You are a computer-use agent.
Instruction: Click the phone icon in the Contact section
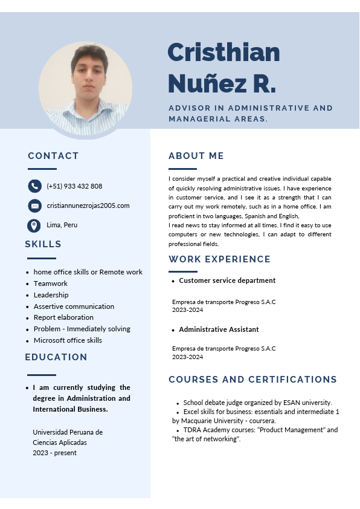(x=34, y=186)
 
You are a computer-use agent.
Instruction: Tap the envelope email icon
(x=34, y=206)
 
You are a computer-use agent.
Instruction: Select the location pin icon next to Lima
(x=34, y=225)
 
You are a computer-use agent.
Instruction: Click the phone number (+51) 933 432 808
(x=74, y=186)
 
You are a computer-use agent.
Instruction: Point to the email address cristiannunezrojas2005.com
(x=88, y=206)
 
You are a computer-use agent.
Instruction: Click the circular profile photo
(x=86, y=88)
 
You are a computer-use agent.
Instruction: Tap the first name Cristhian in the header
(x=223, y=53)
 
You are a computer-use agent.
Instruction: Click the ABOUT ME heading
(x=196, y=156)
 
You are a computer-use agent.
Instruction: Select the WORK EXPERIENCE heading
(x=219, y=259)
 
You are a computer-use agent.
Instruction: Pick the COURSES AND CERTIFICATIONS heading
(x=252, y=380)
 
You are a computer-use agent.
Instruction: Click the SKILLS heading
(x=43, y=244)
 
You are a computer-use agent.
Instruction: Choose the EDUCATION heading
(x=56, y=357)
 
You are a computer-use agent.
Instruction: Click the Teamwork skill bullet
(x=50, y=284)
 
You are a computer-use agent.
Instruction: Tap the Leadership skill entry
(x=51, y=295)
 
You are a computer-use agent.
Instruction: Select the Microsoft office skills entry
(x=68, y=340)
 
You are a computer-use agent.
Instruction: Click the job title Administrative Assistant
(x=219, y=329)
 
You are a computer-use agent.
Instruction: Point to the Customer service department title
(x=227, y=280)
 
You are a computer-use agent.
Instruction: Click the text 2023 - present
(x=54, y=453)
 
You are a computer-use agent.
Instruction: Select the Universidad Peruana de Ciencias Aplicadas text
(x=68, y=437)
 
